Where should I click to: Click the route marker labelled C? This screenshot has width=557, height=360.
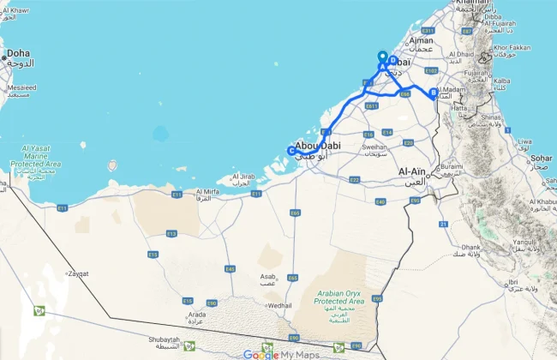coord(291,152)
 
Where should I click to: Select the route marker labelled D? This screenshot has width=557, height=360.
coord(392,61)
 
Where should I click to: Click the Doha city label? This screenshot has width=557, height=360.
coord(19,54)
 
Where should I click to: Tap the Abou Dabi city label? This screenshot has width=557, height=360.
coord(316,146)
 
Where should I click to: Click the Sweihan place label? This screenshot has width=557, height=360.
coord(374,147)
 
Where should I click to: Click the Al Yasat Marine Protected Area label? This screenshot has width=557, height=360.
coord(36,159)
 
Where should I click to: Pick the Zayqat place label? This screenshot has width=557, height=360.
coord(78,273)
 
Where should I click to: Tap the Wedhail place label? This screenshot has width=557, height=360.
coord(279,304)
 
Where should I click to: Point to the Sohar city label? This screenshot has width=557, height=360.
coord(542,159)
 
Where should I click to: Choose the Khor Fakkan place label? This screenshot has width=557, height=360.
coord(512,47)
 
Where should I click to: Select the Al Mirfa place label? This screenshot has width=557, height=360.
coord(210,192)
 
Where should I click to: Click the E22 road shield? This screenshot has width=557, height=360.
coord(354,180)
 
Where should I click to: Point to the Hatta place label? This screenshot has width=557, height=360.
coord(460,109)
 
